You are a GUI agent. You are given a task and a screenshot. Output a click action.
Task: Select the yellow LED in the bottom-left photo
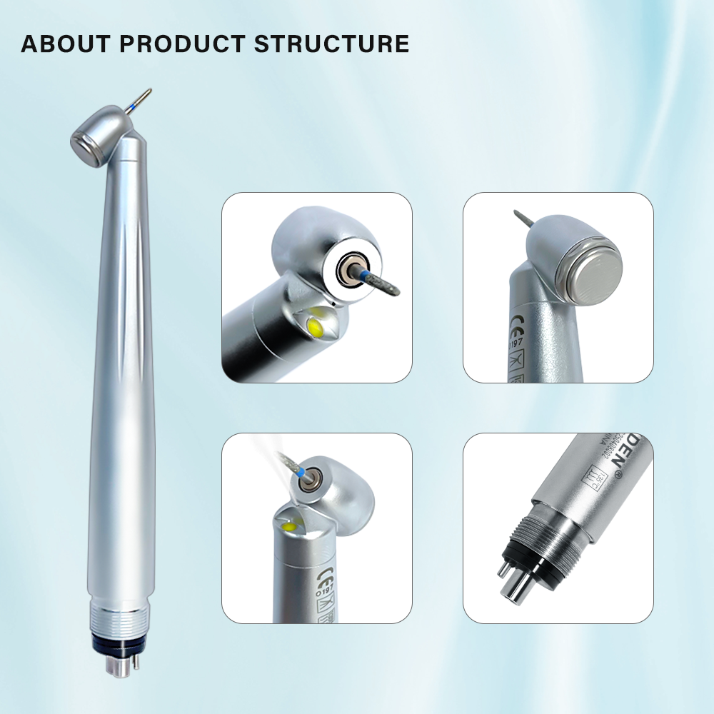[x=290, y=528]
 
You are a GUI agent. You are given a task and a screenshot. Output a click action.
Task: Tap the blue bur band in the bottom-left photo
[x=303, y=473]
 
